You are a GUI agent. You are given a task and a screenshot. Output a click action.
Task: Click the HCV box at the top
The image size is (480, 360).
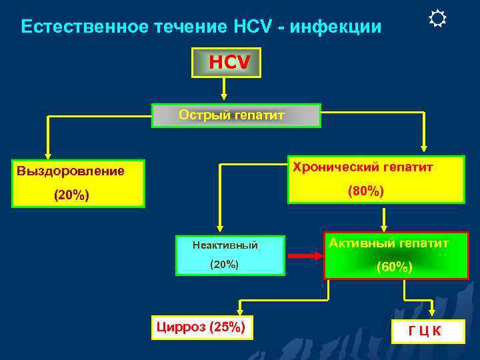point(224,62)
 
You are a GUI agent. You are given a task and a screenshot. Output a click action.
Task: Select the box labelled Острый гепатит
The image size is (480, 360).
point(237,115)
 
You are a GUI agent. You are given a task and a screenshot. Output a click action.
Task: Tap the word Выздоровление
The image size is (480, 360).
point(71,171)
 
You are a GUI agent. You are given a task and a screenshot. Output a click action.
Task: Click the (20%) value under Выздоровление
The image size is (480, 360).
point(71,197)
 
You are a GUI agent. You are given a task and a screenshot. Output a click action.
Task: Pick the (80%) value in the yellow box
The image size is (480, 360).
point(366,191)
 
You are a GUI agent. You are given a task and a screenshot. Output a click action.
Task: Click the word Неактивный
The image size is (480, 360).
point(225,245)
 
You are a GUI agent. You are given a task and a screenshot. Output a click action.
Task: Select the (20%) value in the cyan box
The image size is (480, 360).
point(225,264)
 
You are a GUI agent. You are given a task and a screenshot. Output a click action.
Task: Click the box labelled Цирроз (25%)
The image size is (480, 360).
point(202,327)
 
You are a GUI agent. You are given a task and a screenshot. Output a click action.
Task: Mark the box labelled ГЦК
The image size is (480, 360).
point(425,331)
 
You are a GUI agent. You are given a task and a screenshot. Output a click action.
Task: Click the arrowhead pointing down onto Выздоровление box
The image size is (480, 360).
point(47,154)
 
